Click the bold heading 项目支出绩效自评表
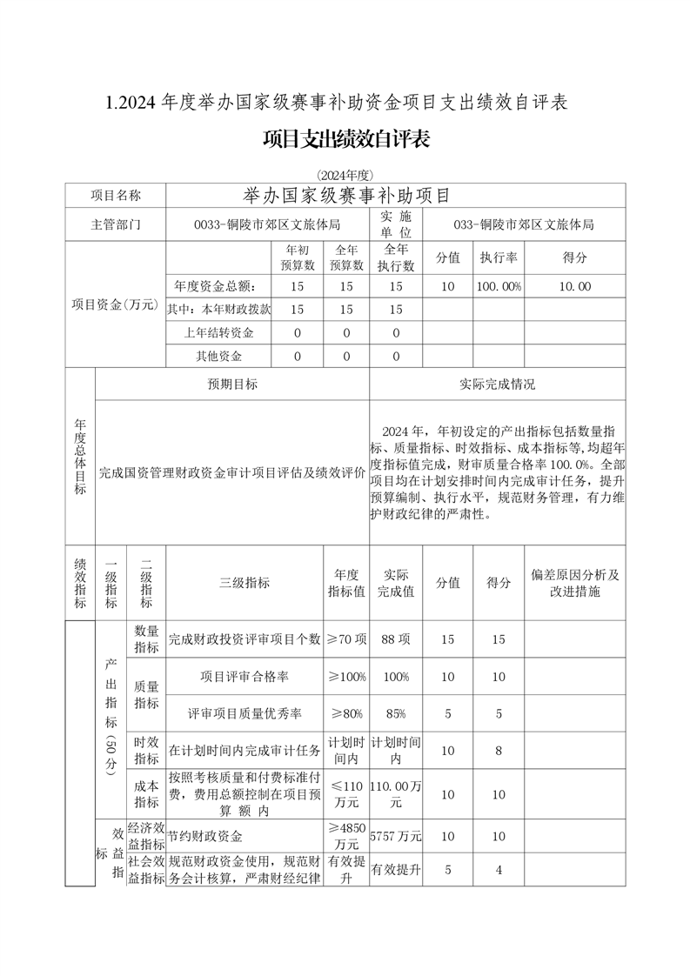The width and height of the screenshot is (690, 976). click(x=345, y=139)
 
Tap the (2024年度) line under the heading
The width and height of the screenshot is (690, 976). click(x=345, y=175)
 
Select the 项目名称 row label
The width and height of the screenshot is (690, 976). click(x=116, y=195)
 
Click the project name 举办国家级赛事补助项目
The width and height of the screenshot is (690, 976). click(x=345, y=195)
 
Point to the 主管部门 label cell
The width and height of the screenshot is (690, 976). click(x=116, y=224)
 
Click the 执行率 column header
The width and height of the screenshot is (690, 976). click(x=499, y=257)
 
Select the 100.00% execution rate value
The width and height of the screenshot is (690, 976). click(x=499, y=285)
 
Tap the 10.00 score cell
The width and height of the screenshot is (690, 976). click(x=574, y=285)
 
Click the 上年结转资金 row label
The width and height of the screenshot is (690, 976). click(x=218, y=332)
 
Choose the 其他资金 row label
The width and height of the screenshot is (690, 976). click(x=218, y=356)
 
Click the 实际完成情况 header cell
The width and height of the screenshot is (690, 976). click(x=497, y=384)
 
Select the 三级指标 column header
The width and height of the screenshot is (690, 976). click(x=245, y=583)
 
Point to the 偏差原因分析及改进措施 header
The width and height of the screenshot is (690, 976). click(x=574, y=583)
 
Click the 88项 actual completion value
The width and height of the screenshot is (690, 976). click(x=396, y=639)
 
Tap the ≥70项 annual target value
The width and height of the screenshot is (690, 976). click(x=346, y=639)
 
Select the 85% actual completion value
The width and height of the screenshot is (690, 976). click(x=396, y=713)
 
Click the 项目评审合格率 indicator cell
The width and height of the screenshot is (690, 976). click(x=245, y=676)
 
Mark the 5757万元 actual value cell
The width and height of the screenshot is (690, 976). click(x=396, y=836)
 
